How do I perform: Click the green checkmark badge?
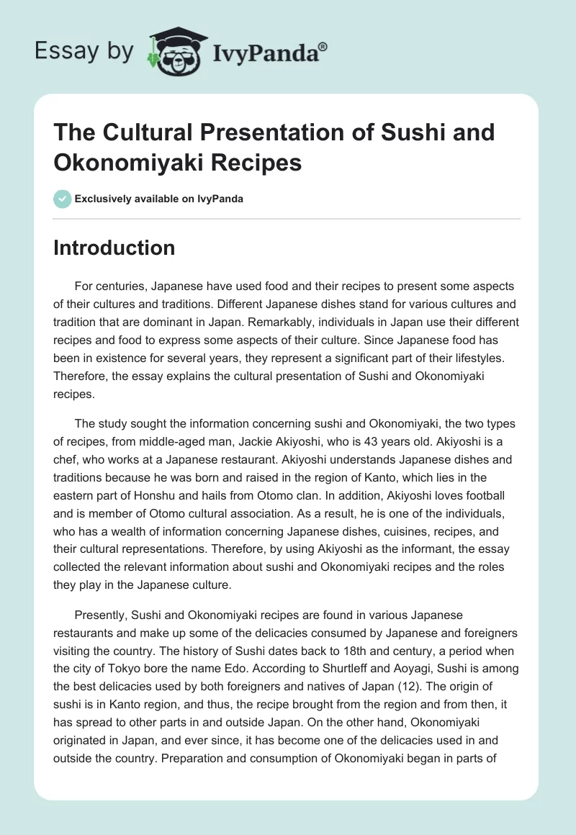pyautogui.click(x=62, y=199)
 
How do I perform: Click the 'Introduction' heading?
pyautogui.click(x=114, y=248)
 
